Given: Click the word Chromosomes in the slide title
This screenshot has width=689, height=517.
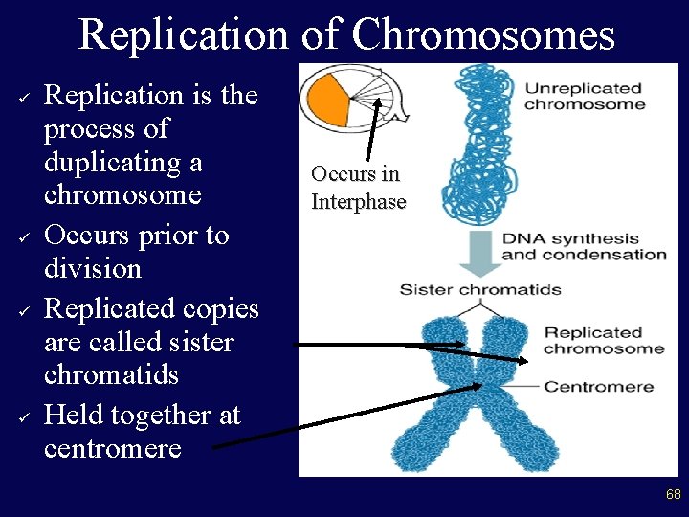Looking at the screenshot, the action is coord(483,34).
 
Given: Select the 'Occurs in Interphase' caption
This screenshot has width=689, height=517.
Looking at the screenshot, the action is coord(358,188).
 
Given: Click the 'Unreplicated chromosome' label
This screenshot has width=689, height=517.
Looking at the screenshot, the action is coord(584,96).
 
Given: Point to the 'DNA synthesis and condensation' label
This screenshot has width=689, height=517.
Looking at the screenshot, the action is coord(584,246).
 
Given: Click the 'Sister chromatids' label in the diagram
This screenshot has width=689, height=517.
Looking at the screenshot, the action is coord(480,289).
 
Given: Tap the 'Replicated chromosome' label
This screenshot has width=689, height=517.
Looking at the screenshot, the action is coord(603,340).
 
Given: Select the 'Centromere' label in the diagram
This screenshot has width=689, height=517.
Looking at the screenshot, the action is coord(599,387).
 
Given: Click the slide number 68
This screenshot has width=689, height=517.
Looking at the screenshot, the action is coord(674,494).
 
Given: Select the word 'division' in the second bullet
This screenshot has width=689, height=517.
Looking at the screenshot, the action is coord(93,268).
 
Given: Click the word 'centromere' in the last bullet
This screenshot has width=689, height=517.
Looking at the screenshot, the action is coord(113,448).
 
